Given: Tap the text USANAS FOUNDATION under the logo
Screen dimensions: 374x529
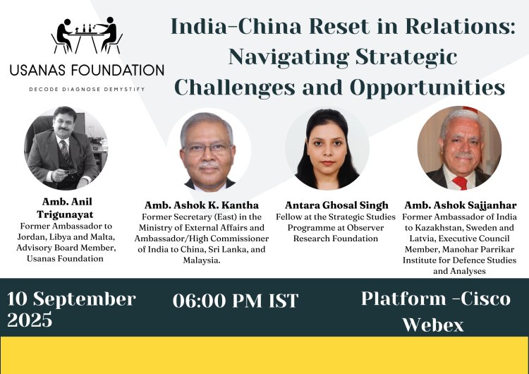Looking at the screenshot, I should (x=87, y=71).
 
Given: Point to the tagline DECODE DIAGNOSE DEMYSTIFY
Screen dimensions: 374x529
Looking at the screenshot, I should (x=87, y=90).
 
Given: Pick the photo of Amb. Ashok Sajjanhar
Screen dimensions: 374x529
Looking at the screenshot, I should (x=459, y=149).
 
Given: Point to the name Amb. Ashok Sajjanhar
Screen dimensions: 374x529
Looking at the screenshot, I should (x=461, y=205).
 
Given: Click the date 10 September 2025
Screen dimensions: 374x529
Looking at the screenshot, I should (x=71, y=309).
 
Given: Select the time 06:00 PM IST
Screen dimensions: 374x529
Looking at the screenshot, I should (x=236, y=301).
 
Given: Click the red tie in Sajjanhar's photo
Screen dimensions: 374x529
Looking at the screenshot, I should (x=461, y=182).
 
